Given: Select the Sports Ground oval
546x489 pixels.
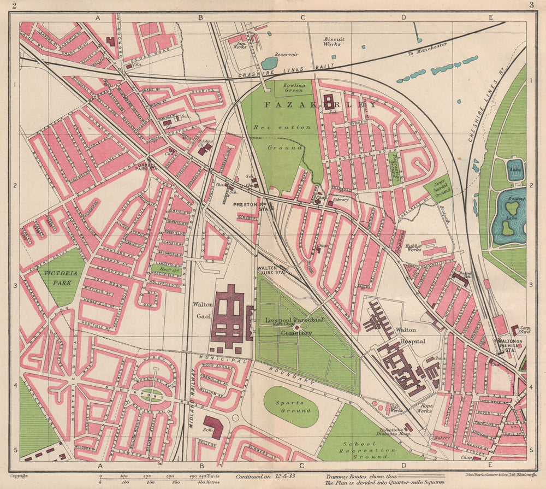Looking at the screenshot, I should coord(291,406).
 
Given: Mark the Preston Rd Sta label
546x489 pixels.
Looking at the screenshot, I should coord(250,206).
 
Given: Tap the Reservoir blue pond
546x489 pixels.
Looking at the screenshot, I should coord(269,63).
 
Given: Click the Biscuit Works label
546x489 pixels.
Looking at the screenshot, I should coord(332,41).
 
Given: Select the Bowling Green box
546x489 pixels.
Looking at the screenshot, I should coord(293,87).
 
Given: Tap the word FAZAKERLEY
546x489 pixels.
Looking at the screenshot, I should coord(321,104).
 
